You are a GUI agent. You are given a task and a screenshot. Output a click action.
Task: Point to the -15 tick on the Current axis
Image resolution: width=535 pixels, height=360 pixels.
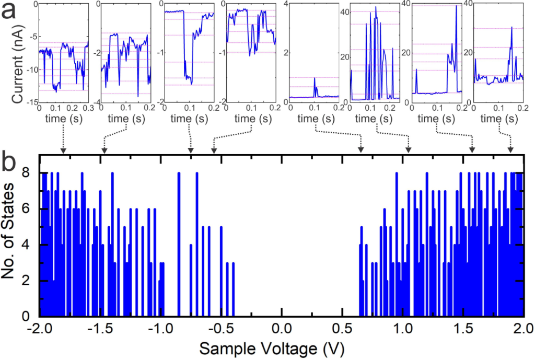[x=30, y=102]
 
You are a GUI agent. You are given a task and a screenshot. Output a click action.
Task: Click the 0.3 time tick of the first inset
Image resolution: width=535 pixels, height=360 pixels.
[x=88, y=108]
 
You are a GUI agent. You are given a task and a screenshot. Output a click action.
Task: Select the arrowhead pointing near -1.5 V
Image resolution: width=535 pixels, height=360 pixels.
[x=103, y=151]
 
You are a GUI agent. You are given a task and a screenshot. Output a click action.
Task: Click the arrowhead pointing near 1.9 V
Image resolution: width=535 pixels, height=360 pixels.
[x=510, y=151]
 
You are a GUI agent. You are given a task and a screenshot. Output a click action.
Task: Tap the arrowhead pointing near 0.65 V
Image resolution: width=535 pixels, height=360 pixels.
[x=361, y=151]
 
